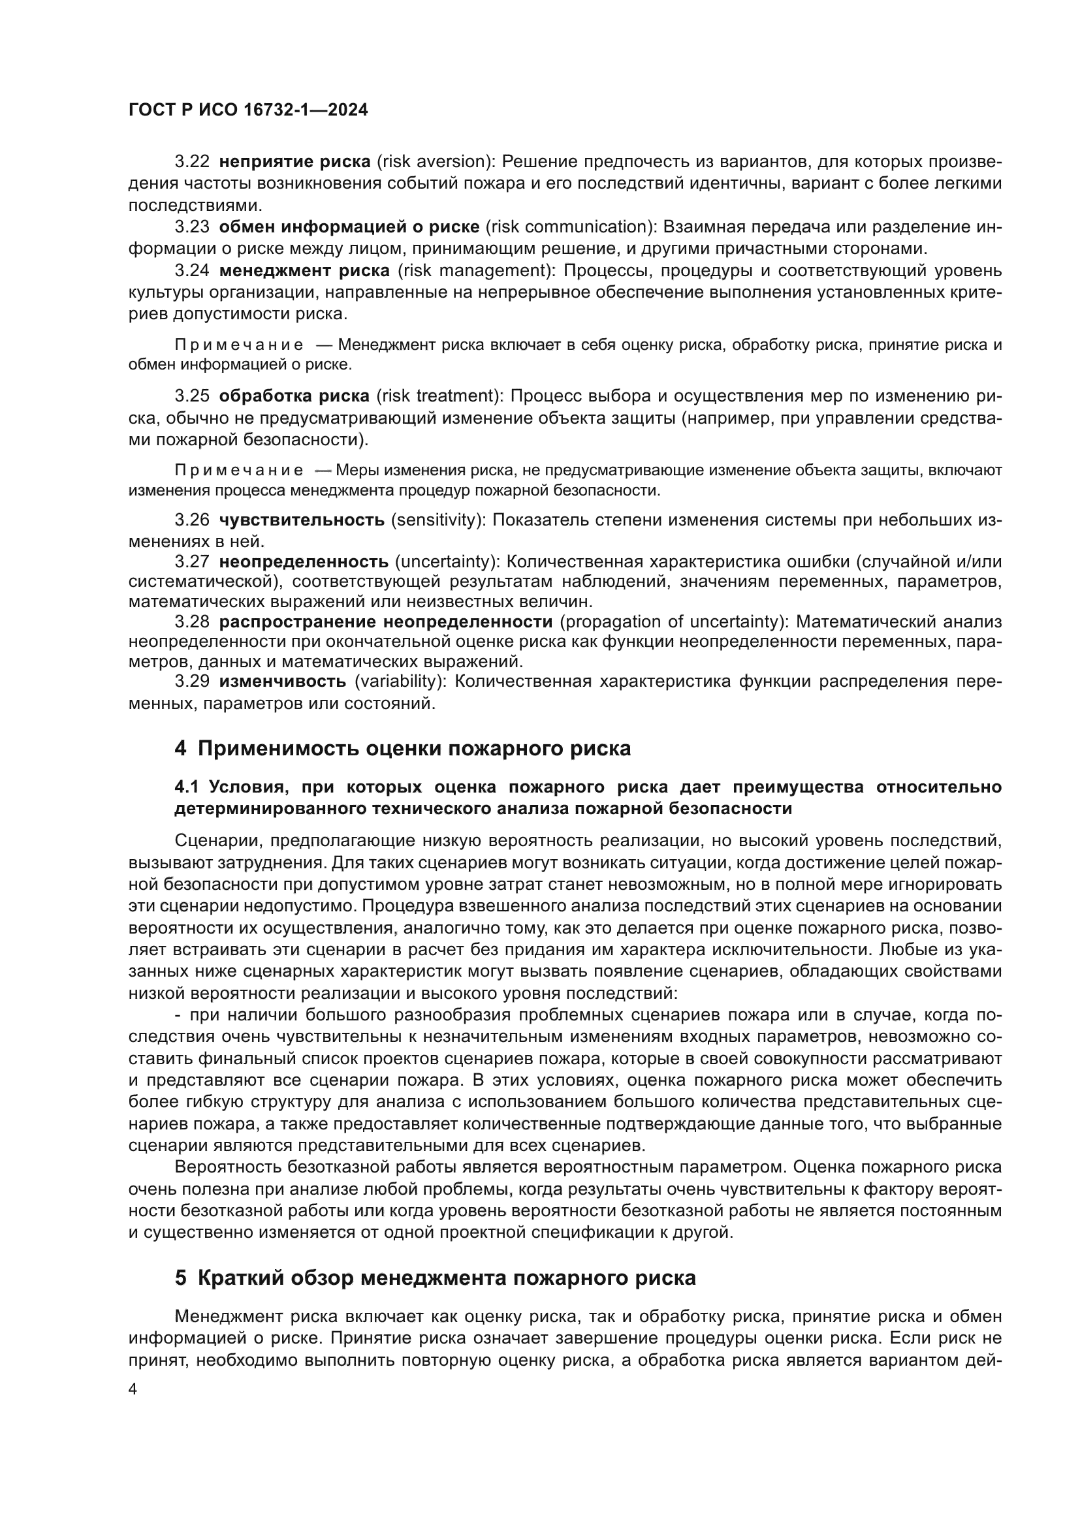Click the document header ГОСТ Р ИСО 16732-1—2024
pyautogui.click(x=248, y=110)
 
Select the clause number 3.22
pyautogui.click(x=192, y=162)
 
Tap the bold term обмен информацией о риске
pyautogui.click(x=349, y=227)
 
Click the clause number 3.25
pyautogui.click(x=192, y=396)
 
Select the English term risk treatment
pyautogui.click(x=437, y=396)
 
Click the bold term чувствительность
pyautogui.click(x=302, y=520)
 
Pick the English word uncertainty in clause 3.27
pyautogui.click(x=446, y=562)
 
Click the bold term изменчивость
pyautogui.click(x=283, y=682)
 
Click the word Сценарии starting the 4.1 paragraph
pyautogui.click(x=213, y=842)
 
